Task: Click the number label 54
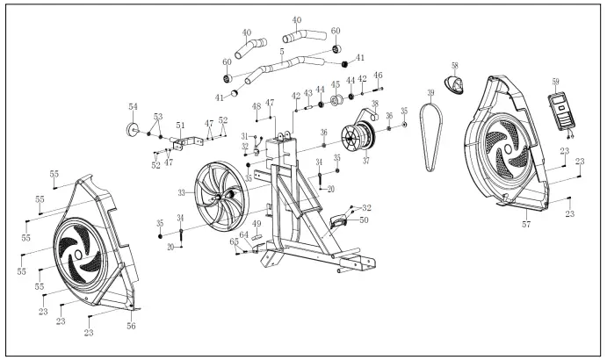tap(134, 106)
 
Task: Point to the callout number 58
tap(455, 66)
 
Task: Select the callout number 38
tap(374, 103)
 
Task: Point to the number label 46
tap(378, 76)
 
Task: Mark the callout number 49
tap(257, 224)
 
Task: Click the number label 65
tap(234, 241)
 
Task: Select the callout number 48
tap(257, 106)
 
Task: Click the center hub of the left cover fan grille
tap(80, 255)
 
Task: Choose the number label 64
tap(245, 235)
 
